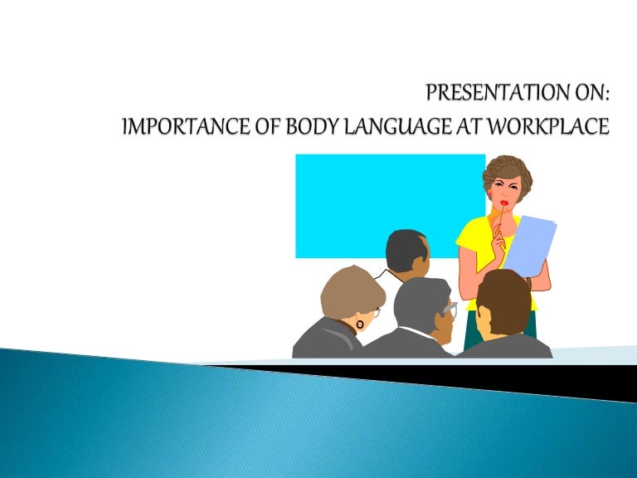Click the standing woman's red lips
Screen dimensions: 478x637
click(503, 202)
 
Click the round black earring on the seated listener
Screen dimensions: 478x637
click(359, 321)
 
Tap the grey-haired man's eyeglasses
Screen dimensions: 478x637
click(450, 310)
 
